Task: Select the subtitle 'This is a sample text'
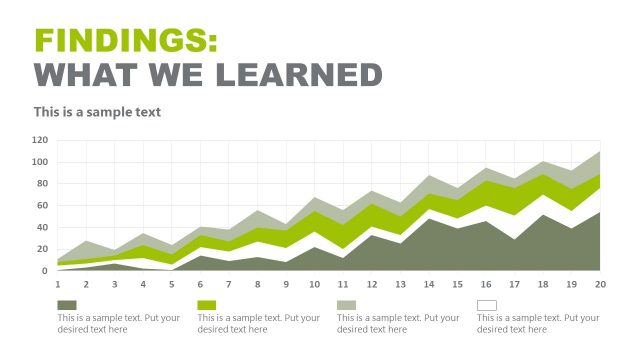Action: (x=97, y=112)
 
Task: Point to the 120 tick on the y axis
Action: (x=40, y=140)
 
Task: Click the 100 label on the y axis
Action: (x=40, y=162)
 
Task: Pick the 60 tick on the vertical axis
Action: (x=43, y=205)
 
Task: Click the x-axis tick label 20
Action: (x=600, y=284)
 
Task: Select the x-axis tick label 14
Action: (x=429, y=284)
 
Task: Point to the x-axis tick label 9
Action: (x=286, y=284)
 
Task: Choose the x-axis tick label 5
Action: (x=172, y=284)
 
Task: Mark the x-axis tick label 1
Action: (x=58, y=284)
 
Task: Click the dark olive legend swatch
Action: (x=67, y=305)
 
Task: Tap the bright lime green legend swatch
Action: (x=207, y=305)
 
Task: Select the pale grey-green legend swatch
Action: (x=347, y=305)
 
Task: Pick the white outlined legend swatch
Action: (x=487, y=305)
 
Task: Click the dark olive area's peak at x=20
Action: (x=599, y=213)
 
